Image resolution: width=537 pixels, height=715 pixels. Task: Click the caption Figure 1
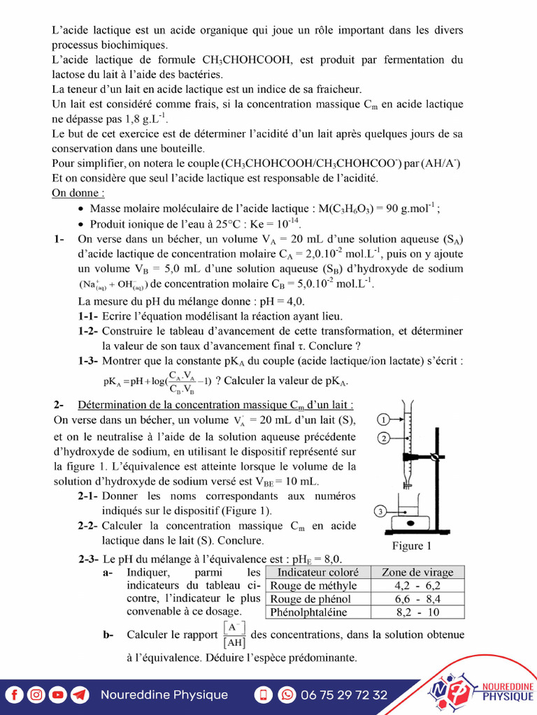[x=412, y=545]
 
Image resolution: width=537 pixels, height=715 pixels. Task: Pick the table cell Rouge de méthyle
[x=313, y=586]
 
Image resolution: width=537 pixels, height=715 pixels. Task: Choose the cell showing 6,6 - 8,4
[x=417, y=599]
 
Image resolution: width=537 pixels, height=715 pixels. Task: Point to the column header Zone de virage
[x=417, y=573]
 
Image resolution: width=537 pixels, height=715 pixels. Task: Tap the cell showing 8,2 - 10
[x=417, y=612]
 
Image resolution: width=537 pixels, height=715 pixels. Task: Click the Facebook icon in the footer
[x=15, y=695]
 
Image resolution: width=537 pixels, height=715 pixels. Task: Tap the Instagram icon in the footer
[x=36, y=695]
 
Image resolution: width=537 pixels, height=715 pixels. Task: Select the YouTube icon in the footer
[x=58, y=695]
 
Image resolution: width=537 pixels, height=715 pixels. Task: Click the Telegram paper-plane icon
[x=80, y=695]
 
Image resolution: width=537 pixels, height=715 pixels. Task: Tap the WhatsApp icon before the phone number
[x=287, y=695]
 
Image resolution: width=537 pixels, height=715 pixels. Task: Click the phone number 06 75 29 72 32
[x=344, y=695]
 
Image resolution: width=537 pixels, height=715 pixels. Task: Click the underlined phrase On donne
[x=78, y=193]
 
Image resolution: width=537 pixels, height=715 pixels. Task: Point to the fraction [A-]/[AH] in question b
[x=236, y=635]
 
